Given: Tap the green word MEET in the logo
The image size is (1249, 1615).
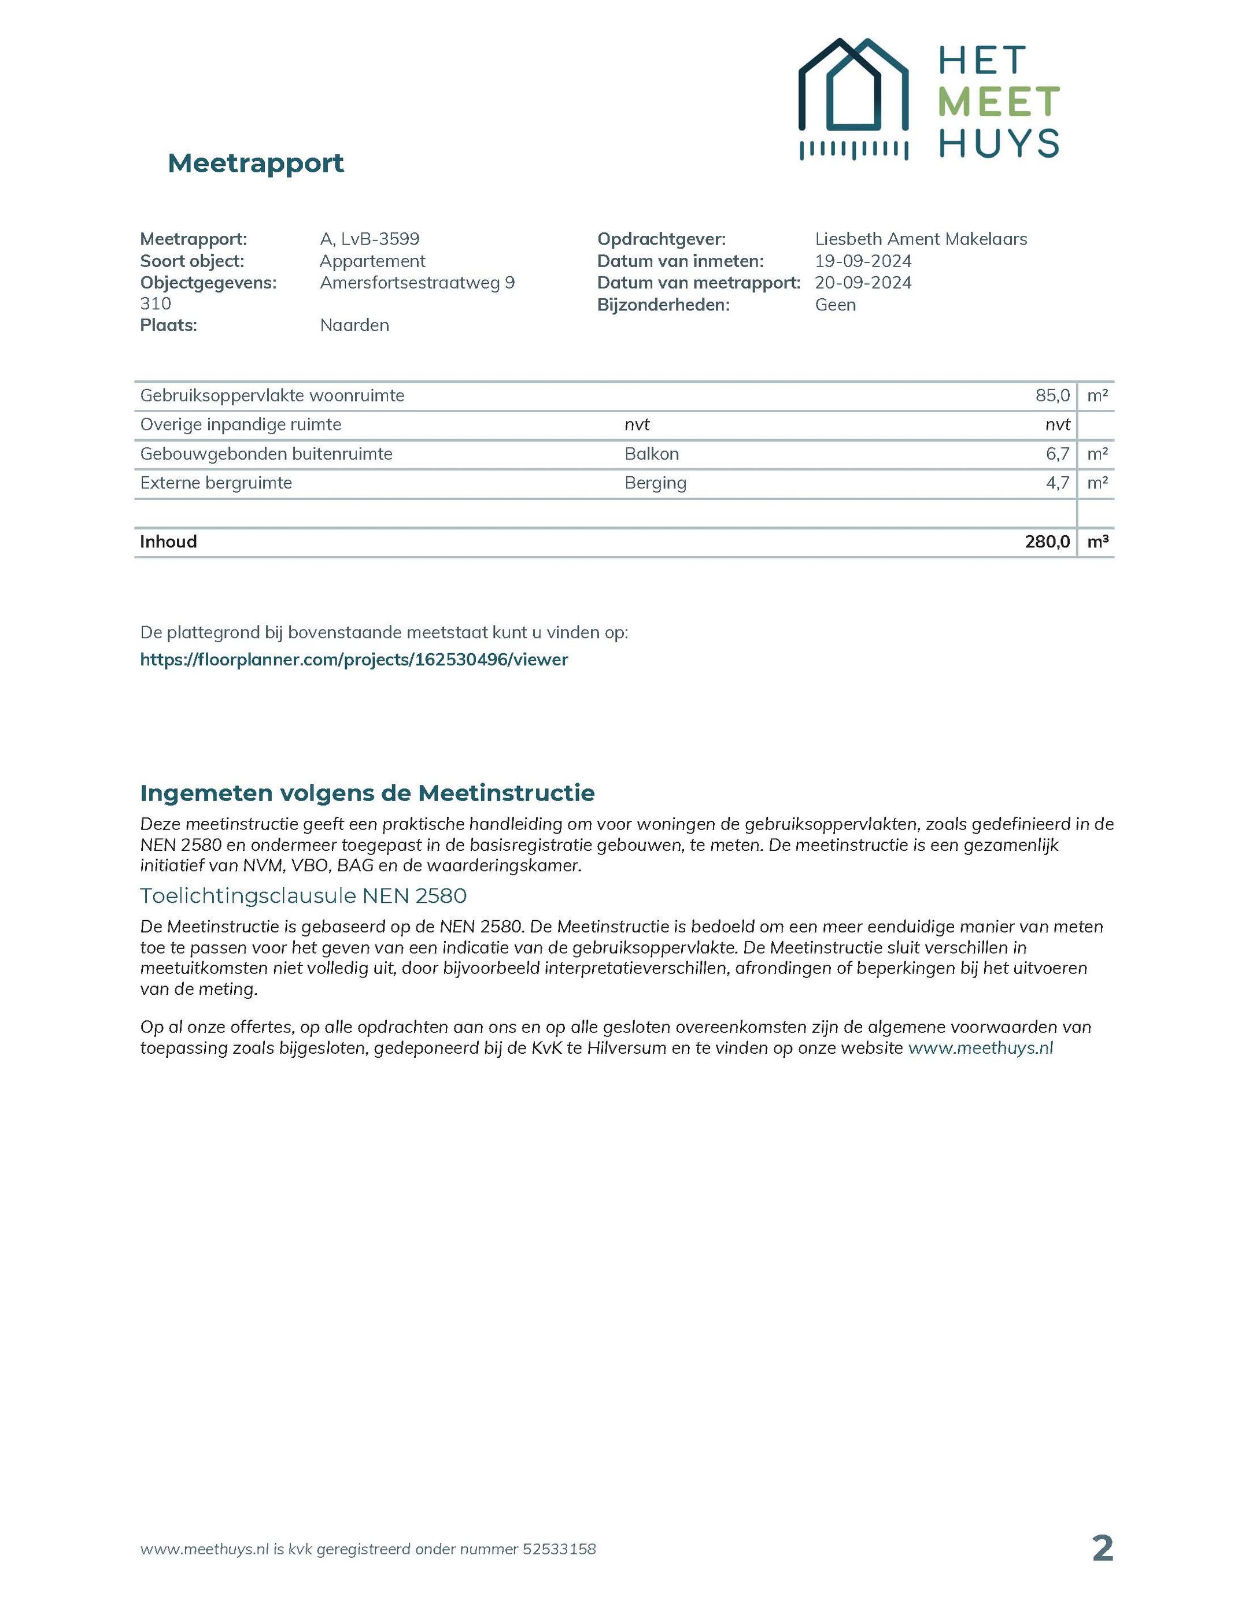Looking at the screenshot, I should (998, 102).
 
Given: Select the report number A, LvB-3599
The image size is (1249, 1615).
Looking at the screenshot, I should (369, 239).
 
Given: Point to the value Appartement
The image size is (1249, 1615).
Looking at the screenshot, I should (372, 261).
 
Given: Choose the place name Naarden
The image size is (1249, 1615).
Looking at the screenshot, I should (354, 325).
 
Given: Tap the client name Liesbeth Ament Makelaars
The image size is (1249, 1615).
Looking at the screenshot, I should (921, 239).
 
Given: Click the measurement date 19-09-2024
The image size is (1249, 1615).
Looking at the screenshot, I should (863, 261).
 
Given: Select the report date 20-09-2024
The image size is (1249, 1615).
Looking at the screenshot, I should (863, 283).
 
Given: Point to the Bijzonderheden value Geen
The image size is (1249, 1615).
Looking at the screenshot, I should (836, 305).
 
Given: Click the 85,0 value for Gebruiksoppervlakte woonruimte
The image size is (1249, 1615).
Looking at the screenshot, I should (1052, 395).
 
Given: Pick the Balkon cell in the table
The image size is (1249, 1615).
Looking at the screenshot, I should (651, 454).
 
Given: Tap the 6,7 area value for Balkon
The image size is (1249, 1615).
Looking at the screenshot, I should (1058, 454).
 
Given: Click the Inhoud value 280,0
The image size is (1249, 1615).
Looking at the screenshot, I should (1047, 542).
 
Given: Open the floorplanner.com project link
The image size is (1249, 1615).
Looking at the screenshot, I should (354, 660).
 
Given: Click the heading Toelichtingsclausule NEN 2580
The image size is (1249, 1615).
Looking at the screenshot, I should (304, 897).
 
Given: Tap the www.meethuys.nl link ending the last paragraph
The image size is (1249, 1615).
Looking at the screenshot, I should (980, 1048).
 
